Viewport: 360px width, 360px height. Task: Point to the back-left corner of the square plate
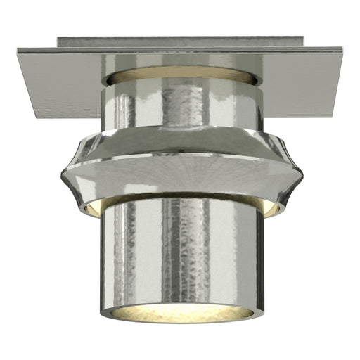point(17,49)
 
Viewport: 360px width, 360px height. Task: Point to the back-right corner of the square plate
point(342,49)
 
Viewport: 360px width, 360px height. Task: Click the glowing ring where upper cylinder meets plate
point(180,74)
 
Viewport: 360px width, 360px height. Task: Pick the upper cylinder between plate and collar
point(141,105)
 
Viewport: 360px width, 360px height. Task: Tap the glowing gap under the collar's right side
point(271,206)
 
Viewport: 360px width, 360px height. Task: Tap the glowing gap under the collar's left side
point(90,206)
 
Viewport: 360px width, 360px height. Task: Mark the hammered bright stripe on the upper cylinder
point(184,105)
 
